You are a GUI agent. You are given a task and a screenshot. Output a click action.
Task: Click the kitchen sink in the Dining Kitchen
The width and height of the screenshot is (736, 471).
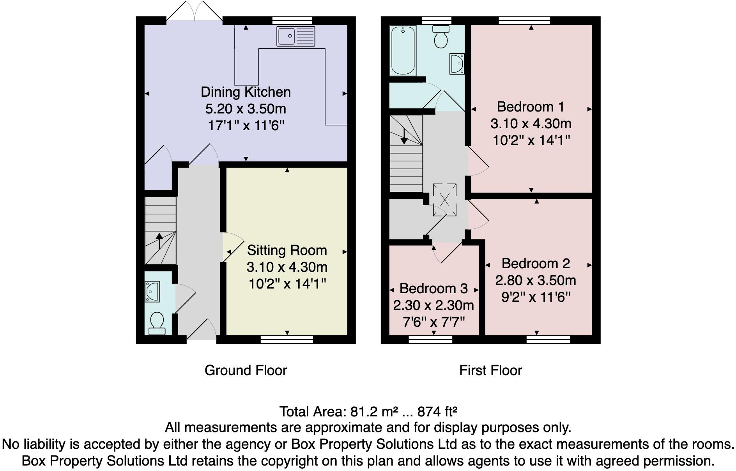tap(296, 36)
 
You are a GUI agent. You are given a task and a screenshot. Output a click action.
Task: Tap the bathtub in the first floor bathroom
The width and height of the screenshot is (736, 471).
tap(403, 51)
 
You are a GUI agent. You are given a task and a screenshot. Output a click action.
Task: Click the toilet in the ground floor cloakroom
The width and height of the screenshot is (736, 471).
tap(157, 323)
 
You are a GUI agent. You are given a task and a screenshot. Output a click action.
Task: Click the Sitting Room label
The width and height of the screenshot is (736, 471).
tap(287, 250)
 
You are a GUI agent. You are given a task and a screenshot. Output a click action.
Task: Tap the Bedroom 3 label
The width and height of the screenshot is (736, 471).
tap(433, 289)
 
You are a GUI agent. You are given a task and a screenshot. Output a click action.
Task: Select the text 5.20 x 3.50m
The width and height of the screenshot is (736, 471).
tap(246, 109)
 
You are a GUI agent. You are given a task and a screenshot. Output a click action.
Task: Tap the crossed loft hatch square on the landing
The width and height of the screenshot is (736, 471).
tap(444, 200)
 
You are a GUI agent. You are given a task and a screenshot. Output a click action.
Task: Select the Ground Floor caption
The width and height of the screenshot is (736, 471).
tap(246, 370)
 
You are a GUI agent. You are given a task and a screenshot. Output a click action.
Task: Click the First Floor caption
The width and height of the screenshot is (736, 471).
tap(490, 370)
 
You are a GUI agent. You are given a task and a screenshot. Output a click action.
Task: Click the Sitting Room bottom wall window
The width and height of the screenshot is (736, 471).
tap(287, 340)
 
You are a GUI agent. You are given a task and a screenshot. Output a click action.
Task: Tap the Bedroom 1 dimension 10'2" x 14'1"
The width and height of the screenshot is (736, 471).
tap(531, 140)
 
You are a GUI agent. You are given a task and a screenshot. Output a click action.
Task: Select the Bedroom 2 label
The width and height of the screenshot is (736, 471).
tap(536, 264)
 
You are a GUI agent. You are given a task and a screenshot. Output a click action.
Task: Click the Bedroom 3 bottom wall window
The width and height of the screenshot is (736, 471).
tap(430, 340)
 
